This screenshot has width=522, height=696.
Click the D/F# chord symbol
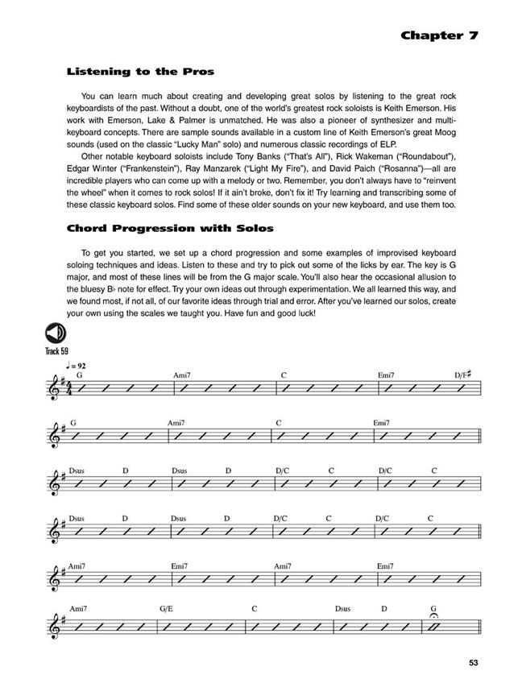[462, 375]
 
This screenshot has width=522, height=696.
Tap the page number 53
[472, 663]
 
